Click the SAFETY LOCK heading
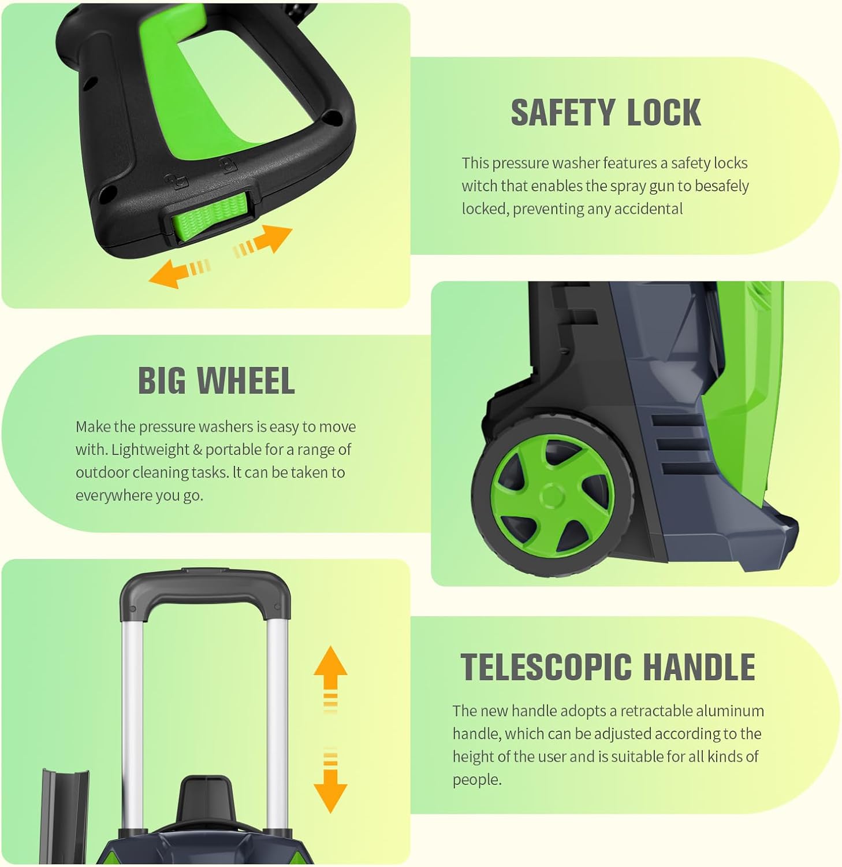tap(606, 113)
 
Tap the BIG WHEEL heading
tap(217, 381)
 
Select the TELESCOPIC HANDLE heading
tap(608, 667)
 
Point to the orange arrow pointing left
tap(180, 272)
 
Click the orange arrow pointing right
tap(263, 239)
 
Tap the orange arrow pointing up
tap(330, 679)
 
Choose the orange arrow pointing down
tap(330, 780)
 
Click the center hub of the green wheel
tap(553, 497)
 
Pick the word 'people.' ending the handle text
tap(477, 780)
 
